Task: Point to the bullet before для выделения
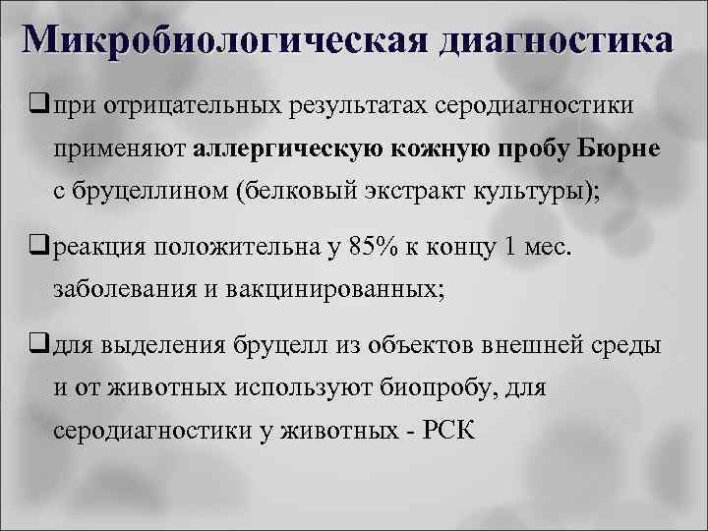tap(40, 344)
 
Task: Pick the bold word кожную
tap(435, 148)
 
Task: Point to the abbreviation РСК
tap(444, 433)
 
